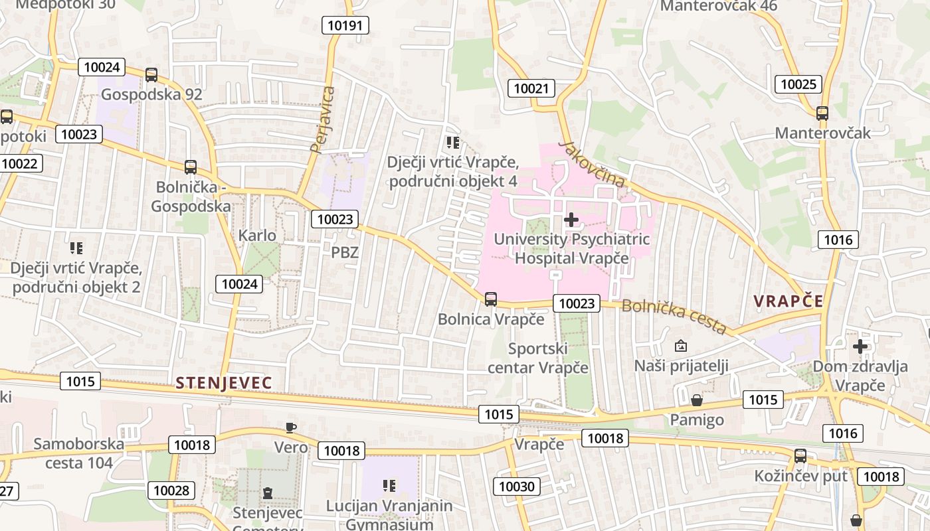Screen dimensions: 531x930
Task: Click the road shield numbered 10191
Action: click(x=345, y=25)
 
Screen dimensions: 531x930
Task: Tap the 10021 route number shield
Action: click(x=531, y=88)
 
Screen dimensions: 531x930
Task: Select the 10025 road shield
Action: click(x=798, y=84)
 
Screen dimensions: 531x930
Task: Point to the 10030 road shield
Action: click(x=516, y=487)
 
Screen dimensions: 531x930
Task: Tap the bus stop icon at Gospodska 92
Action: click(x=151, y=75)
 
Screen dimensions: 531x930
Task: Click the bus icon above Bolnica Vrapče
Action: click(x=491, y=299)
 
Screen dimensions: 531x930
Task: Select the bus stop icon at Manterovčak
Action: click(x=822, y=114)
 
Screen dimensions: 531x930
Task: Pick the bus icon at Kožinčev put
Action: click(x=800, y=456)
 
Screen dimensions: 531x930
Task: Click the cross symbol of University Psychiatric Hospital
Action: click(x=571, y=220)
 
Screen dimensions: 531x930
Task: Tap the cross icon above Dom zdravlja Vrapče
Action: click(x=860, y=346)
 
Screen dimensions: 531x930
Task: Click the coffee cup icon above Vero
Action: click(x=290, y=427)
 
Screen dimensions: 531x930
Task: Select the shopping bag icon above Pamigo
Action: click(x=696, y=400)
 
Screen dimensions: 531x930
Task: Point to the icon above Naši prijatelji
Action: click(x=681, y=346)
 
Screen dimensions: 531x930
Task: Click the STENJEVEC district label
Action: click(x=224, y=383)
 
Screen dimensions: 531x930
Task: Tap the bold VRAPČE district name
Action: click(x=789, y=301)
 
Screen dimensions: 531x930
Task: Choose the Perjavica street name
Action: click(x=324, y=119)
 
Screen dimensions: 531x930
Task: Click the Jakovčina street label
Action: click(x=592, y=163)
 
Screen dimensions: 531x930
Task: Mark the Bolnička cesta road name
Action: click(x=674, y=316)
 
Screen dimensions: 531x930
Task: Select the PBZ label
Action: click(x=345, y=252)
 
